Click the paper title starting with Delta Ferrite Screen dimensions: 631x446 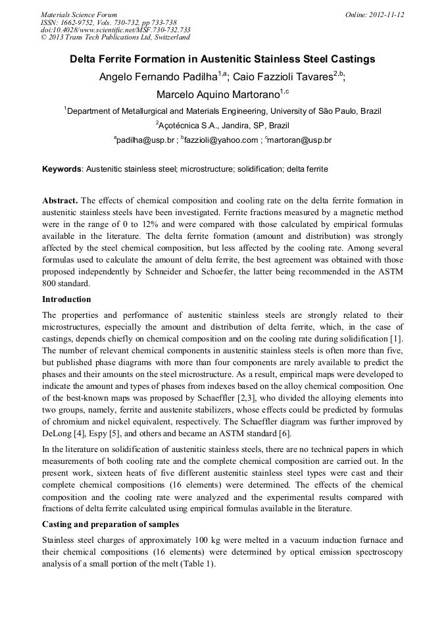click(x=222, y=59)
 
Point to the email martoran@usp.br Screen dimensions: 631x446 click(x=300, y=140)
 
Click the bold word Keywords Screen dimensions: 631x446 click(x=62, y=169)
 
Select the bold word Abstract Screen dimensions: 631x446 click(x=60, y=200)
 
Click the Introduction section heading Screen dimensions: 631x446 click(x=66, y=299)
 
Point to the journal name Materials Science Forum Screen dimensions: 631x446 click(x=79, y=14)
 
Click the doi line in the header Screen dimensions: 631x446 click(x=116, y=30)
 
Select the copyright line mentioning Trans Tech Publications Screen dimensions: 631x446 click(x=115, y=38)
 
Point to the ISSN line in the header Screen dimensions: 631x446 click(x=109, y=22)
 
